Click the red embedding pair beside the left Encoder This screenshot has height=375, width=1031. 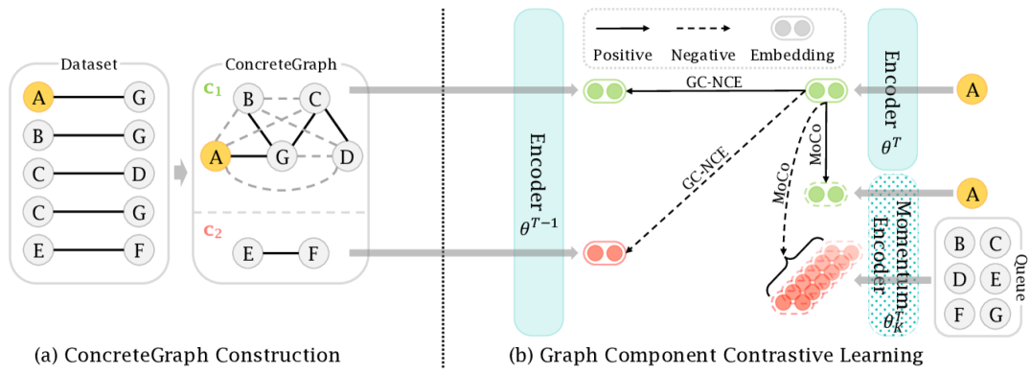click(x=604, y=253)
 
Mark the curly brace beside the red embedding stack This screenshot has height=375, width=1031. click(x=784, y=263)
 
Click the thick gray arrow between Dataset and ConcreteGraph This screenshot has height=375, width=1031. click(x=179, y=174)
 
